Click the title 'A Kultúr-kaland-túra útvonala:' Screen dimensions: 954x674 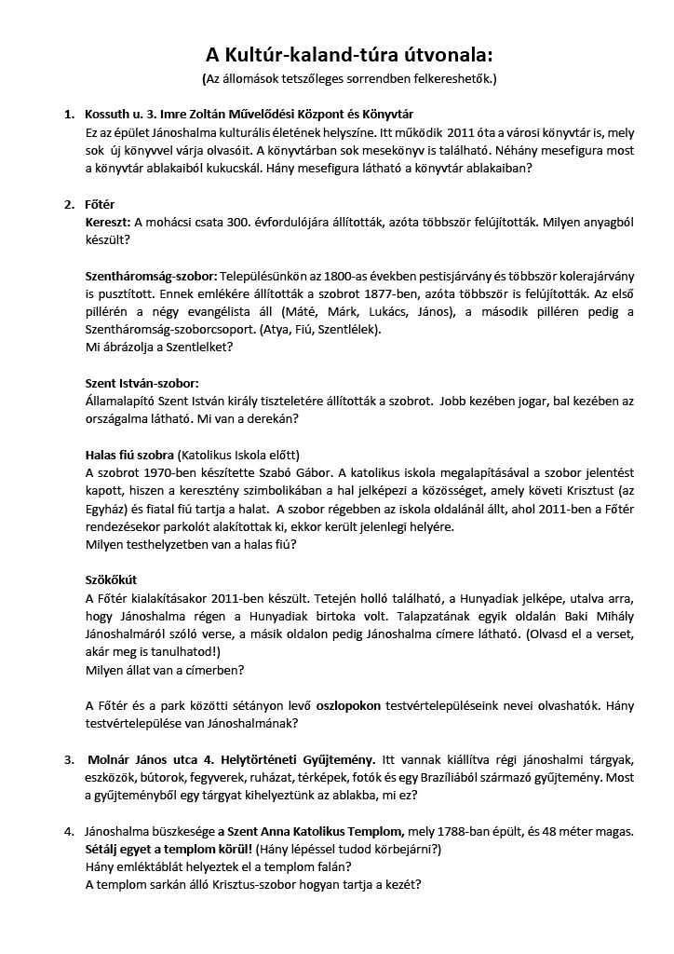pyautogui.click(x=337, y=54)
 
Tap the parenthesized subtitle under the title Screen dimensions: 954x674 pyautogui.click(x=337, y=78)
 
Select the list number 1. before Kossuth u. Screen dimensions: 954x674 pyautogui.click(x=69, y=114)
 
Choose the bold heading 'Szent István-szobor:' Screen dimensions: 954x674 pyautogui.click(x=142, y=383)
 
